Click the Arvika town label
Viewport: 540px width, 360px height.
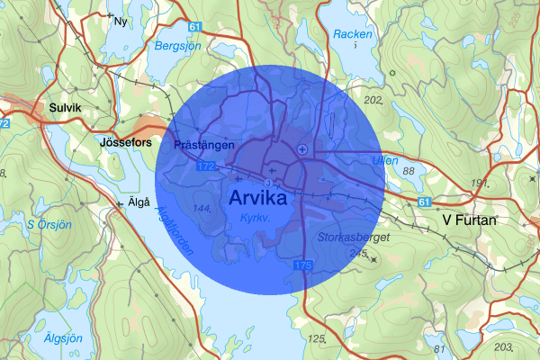coord(258,197)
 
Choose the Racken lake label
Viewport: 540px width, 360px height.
coord(352,34)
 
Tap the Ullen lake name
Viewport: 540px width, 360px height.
coord(384,160)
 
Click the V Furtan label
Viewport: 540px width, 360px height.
coord(469,219)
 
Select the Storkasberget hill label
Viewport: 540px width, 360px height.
coord(353,238)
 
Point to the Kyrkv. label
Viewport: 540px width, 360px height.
coord(256,219)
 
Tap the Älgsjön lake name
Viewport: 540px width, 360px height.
coord(63,338)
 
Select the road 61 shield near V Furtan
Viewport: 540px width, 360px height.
coord(424,201)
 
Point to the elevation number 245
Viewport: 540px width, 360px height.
coord(358,255)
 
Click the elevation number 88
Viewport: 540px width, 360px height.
coord(409,171)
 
